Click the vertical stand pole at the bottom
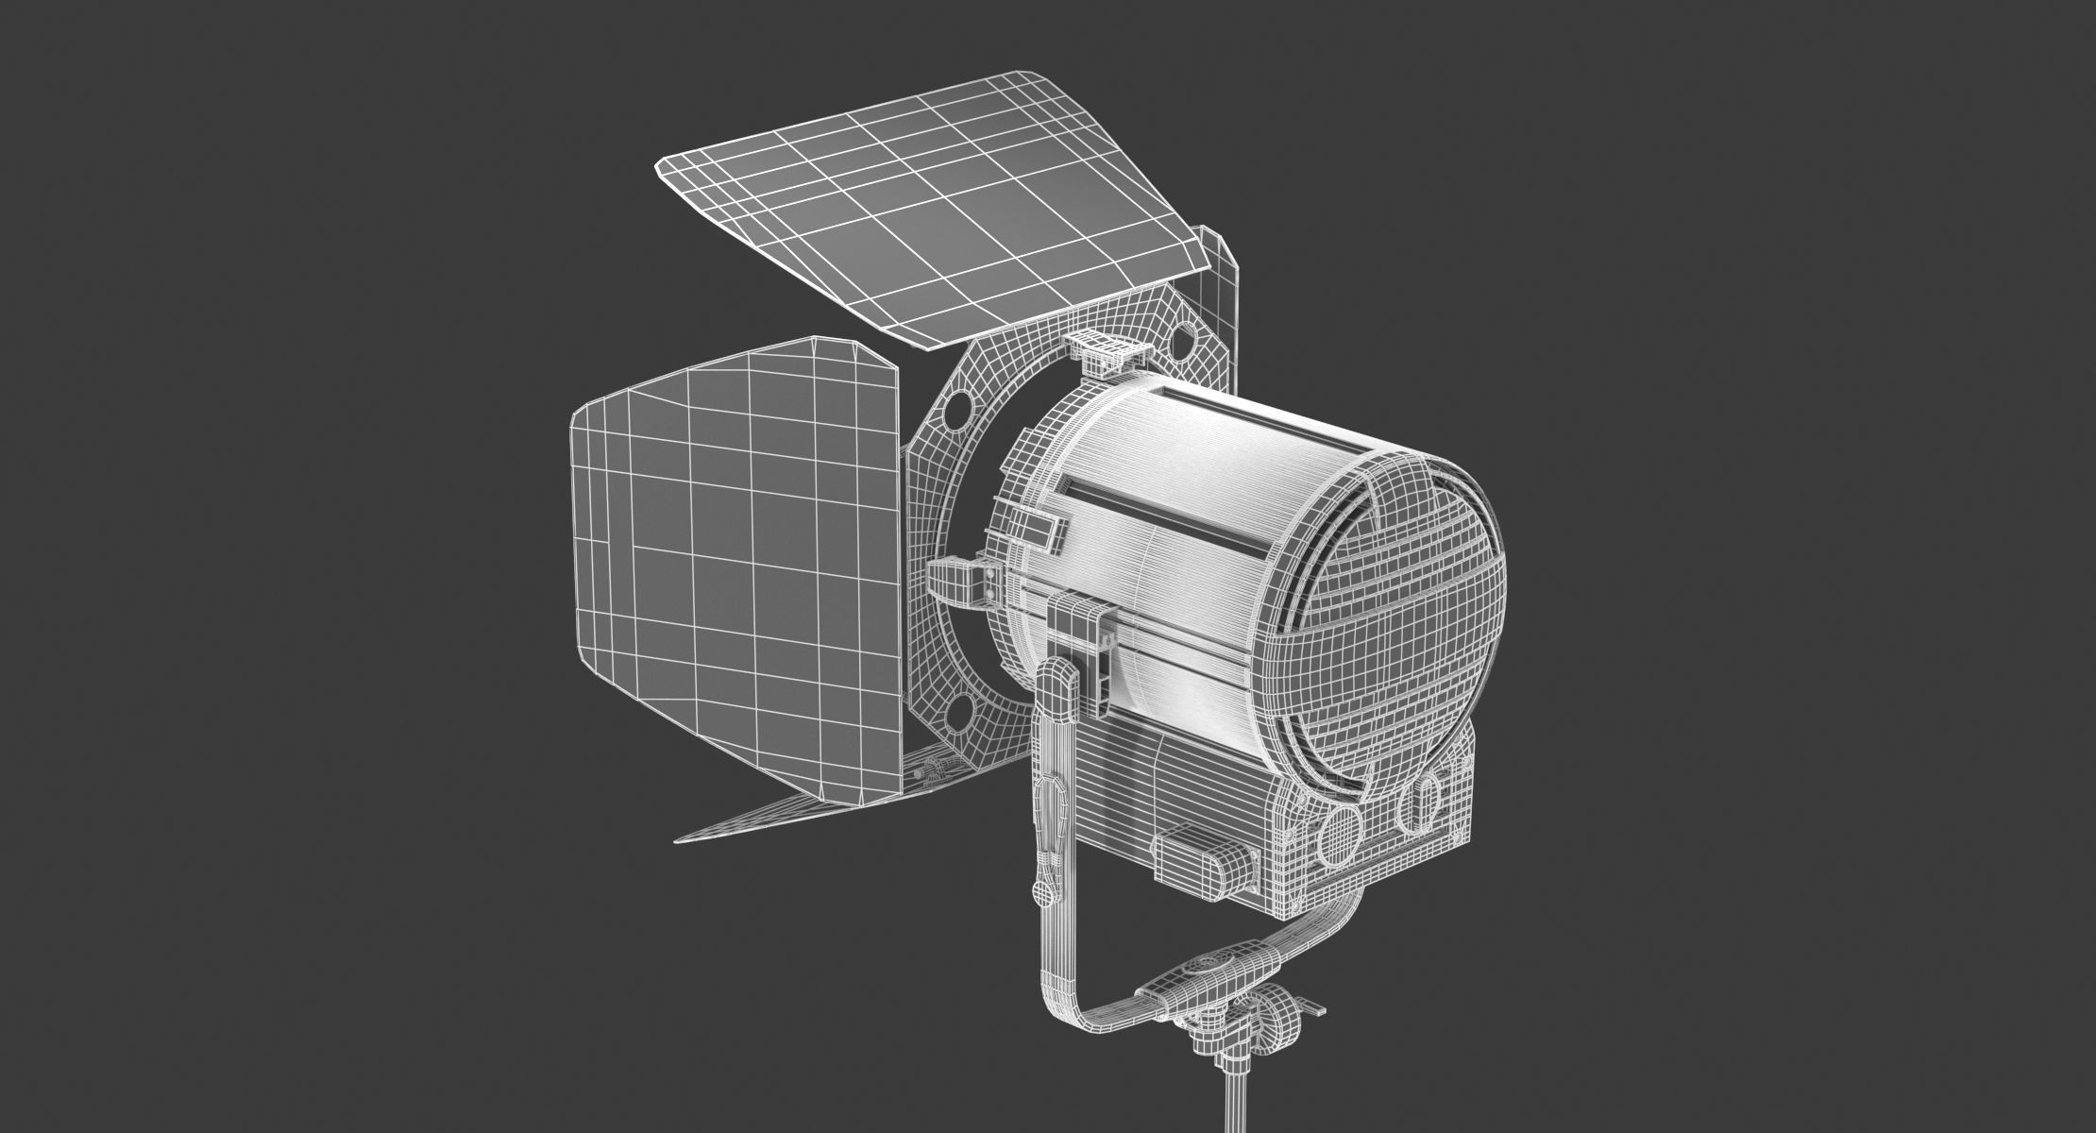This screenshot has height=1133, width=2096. (x=1231, y=1105)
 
